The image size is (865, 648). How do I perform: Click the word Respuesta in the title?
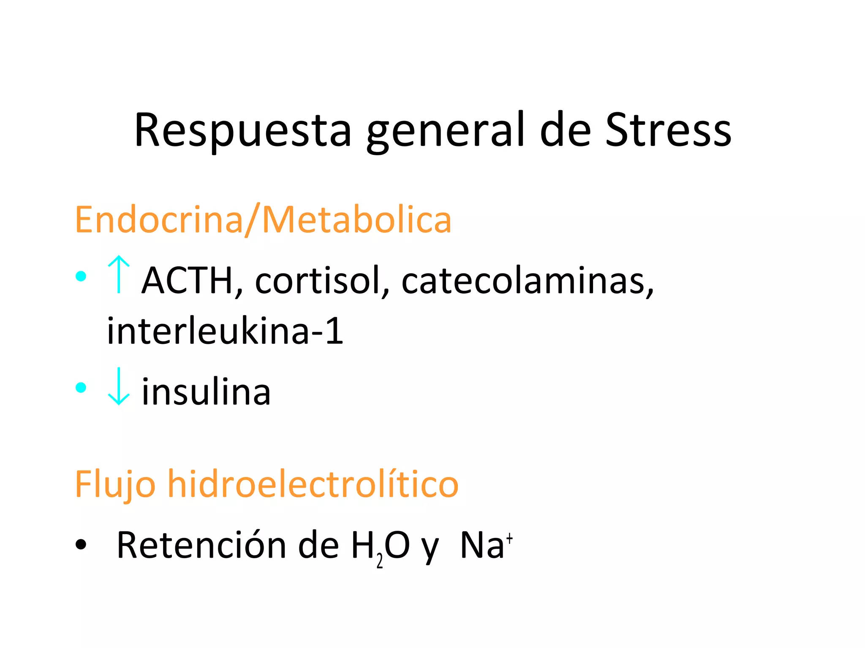(x=242, y=131)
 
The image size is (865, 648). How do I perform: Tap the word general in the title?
(x=446, y=131)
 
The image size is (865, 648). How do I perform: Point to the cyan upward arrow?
(x=119, y=275)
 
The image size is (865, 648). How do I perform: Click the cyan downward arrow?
(x=119, y=386)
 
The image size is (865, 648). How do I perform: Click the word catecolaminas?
(x=527, y=281)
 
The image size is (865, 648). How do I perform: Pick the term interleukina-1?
(x=225, y=331)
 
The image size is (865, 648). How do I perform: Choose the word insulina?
(x=206, y=392)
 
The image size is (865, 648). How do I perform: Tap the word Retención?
(x=201, y=545)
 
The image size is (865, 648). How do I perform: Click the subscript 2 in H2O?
(x=380, y=562)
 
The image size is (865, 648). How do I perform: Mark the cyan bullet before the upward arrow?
(x=81, y=276)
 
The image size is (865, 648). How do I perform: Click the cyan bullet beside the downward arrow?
(x=81, y=387)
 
